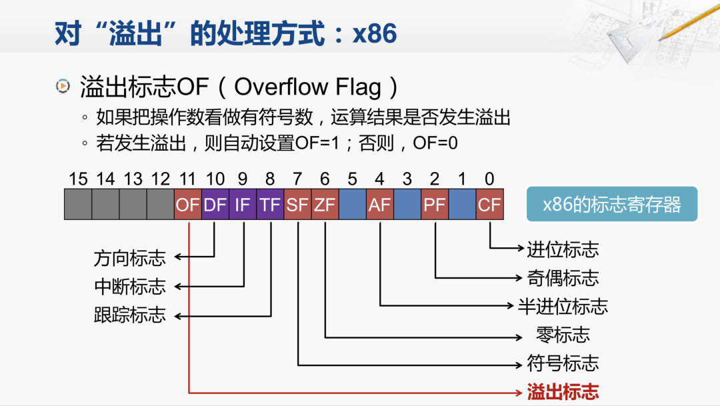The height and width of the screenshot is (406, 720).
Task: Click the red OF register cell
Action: coord(187,205)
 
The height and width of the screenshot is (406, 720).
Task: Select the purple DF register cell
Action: coord(215,205)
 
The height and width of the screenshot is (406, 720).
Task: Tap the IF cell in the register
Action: coord(243,205)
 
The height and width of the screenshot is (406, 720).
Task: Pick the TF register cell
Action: coord(270,205)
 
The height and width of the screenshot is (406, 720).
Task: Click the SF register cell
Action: coord(297,205)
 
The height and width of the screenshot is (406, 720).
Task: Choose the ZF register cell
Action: coord(325,205)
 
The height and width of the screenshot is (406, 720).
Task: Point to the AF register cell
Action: coord(380,205)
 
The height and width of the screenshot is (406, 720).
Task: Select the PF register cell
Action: coord(435,205)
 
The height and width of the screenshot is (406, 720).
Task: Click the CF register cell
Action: coord(489,205)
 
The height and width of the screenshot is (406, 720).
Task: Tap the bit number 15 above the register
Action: coord(78,179)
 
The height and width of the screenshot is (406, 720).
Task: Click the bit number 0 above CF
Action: coord(489,179)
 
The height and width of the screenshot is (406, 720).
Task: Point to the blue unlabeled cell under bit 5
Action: coord(352,205)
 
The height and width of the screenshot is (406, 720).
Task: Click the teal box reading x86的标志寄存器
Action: coord(611,204)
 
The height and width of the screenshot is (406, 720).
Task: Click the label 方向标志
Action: coord(129,257)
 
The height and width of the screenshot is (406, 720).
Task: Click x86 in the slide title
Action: coord(375,33)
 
